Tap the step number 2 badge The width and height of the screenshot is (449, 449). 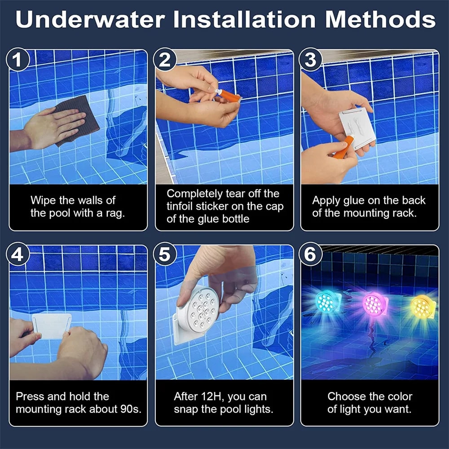(x=165, y=60)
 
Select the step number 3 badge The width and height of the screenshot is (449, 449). (x=310, y=60)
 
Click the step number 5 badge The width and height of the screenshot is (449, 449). (x=165, y=255)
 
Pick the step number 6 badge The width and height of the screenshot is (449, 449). (x=310, y=255)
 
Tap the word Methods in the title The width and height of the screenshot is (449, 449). (x=380, y=20)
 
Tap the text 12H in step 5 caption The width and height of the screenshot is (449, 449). (x=212, y=396)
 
